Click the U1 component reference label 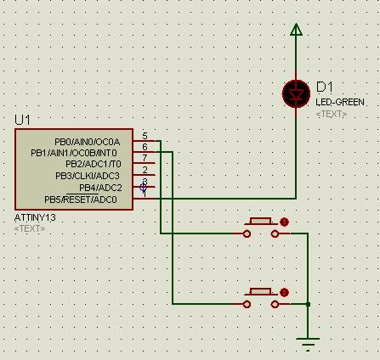[x=22, y=120]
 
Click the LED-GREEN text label [x=341, y=102]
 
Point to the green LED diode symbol [x=296, y=94]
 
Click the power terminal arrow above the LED [x=296, y=31]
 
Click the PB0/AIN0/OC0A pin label [x=88, y=141]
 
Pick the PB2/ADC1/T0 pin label [x=94, y=164]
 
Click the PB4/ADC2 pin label [x=100, y=188]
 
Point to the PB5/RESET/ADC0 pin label [x=81, y=200]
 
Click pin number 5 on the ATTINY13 [x=145, y=136]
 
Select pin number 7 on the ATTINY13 [x=145, y=159]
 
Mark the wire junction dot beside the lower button [x=308, y=303]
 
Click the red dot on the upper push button [x=284, y=222]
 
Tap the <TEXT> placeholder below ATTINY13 [x=31, y=228]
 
